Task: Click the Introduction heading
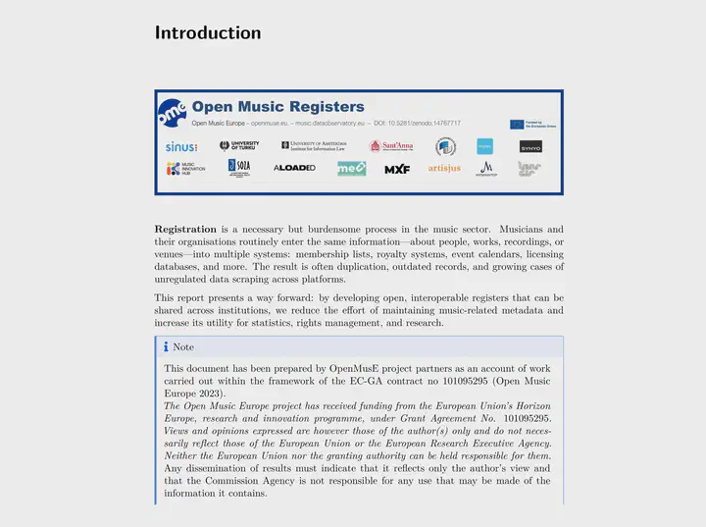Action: tap(208, 32)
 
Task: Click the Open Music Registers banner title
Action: tap(277, 107)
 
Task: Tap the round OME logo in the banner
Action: tap(172, 112)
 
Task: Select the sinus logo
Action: tap(181, 147)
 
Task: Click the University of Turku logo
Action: tap(239, 146)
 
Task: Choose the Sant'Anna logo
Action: tap(390, 146)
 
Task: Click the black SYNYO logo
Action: tap(530, 147)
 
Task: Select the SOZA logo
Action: tap(239, 168)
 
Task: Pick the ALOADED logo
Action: tap(294, 169)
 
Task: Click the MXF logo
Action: tap(397, 169)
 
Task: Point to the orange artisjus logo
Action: tap(444, 169)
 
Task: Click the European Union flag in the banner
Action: tap(517, 125)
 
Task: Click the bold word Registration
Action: tap(185, 230)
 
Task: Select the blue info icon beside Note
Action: tap(166, 347)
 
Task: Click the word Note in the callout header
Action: tap(183, 347)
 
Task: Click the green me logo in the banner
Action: tap(351, 169)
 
